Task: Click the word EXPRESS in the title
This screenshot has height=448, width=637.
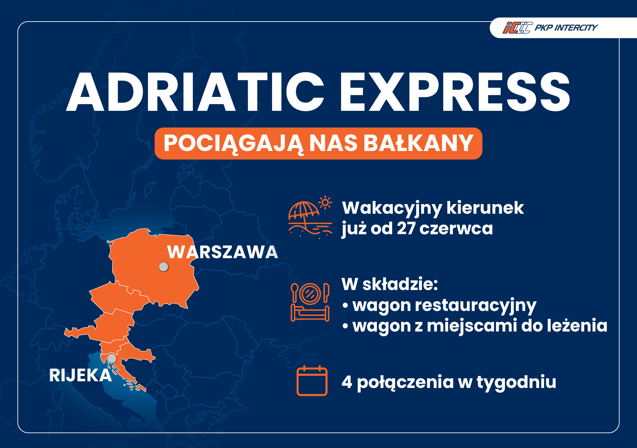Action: click(x=455, y=92)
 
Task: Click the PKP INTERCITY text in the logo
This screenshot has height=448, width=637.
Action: click(x=566, y=28)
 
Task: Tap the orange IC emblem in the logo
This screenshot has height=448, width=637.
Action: click(x=517, y=28)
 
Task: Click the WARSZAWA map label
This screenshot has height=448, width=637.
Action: click(x=223, y=252)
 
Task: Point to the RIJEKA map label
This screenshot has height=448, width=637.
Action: click(x=80, y=375)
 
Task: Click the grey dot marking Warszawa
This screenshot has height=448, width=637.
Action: click(x=164, y=266)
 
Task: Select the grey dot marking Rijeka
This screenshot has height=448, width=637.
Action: click(x=112, y=358)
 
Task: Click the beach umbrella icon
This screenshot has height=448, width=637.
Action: click(x=303, y=212)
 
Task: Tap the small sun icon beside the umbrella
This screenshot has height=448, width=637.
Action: click(x=325, y=202)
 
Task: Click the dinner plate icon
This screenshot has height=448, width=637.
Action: click(x=310, y=294)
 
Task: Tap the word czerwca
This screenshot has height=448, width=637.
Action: click(x=456, y=228)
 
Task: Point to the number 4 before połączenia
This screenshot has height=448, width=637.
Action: click(x=347, y=382)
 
